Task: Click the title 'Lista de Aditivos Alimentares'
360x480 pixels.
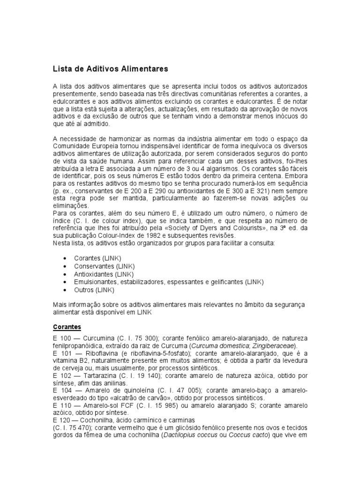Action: pyautogui.click(x=110, y=69)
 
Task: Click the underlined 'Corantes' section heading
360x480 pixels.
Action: pyautogui.click(x=67, y=327)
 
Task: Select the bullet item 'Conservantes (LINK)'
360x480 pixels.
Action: pyautogui.click(x=97, y=266)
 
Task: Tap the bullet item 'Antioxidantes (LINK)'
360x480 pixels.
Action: pyautogui.click(x=97, y=274)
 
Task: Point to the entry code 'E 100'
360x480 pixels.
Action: pyautogui.click(x=61, y=339)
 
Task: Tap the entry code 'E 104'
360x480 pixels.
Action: pyautogui.click(x=61, y=390)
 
